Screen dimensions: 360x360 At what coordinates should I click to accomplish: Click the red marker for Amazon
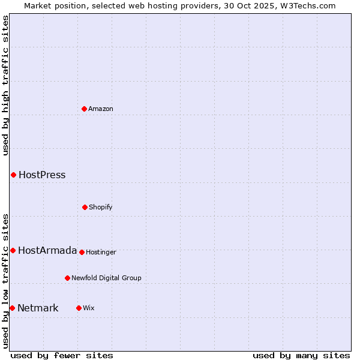coord(84,109)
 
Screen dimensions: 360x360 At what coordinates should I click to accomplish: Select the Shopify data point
coord(85,207)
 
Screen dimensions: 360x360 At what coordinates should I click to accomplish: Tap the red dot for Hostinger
coord(82,252)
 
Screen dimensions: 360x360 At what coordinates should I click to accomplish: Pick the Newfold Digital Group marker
coord(67,278)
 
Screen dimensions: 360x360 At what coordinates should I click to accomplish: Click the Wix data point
coord(79,308)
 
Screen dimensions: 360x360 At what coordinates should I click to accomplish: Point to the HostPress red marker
coord(13,175)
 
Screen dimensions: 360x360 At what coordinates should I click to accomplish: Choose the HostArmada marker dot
coord(13,250)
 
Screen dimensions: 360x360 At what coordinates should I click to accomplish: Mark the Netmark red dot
coord(12,308)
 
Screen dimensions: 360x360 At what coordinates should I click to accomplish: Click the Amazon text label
coord(101,109)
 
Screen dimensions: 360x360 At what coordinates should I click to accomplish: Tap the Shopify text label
coord(101,207)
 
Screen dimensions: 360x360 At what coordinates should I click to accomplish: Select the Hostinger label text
coord(101,252)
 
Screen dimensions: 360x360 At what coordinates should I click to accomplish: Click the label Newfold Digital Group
coord(106,278)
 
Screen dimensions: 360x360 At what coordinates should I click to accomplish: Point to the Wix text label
coord(89,308)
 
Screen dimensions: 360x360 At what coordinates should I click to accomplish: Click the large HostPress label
coord(42,175)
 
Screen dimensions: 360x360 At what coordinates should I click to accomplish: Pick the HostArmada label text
coord(47,250)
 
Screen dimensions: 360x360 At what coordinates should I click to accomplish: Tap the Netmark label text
coord(38,308)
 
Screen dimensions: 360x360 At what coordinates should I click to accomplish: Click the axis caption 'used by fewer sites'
coord(62,355)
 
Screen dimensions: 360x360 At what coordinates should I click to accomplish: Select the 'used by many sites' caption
coord(301,355)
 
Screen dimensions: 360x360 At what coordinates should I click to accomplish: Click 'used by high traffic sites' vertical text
coord(5,85)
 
